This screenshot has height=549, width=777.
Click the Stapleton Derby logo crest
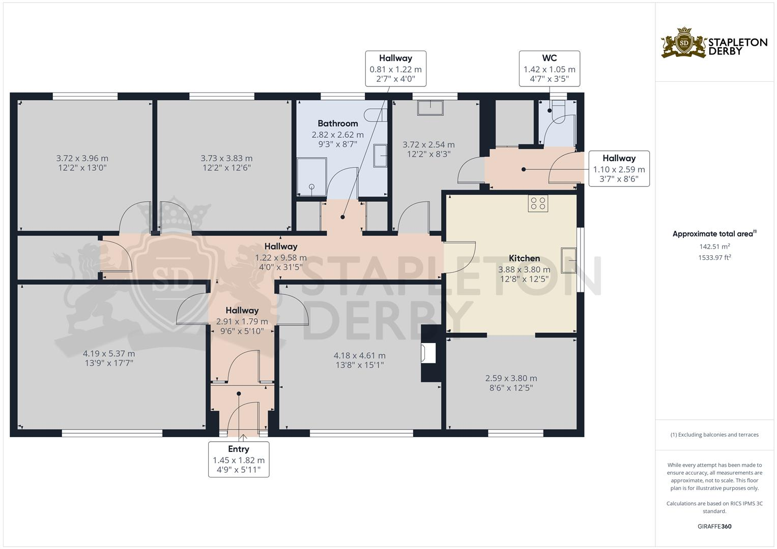pyautogui.click(x=684, y=43)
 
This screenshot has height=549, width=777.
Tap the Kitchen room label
pyautogui.click(x=524, y=258)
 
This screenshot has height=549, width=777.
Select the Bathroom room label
pyautogui.click(x=338, y=124)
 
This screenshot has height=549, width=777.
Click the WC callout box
pyautogui.click(x=549, y=69)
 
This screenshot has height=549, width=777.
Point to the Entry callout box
pyautogui.click(x=239, y=459)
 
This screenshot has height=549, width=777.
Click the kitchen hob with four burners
pyautogui.click(x=538, y=203)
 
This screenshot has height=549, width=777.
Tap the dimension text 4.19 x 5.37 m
pyautogui.click(x=109, y=353)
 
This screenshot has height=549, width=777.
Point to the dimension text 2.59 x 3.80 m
pyautogui.click(x=511, y=378)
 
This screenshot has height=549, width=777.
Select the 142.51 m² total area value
pyautogui.click(x=714, y=247)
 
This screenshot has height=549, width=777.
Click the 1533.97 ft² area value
pyautogui.click(x=714, y=258)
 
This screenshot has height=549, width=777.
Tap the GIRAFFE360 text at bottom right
pyautogui.click(x=714, y=526)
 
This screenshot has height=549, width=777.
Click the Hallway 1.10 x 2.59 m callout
pyautogui.click(x=619, y=169)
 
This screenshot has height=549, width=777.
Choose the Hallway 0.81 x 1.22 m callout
pyautogui.click(x=395, y=69)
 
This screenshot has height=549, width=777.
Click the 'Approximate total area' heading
pyautogui.click(x=713, y=234)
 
